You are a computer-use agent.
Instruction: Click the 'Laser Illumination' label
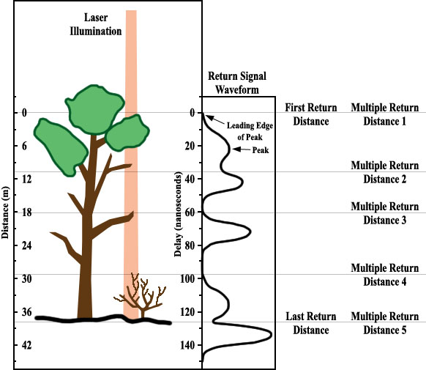(96, 24)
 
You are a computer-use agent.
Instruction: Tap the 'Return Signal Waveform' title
(237, 83)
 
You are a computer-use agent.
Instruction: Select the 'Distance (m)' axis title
(5, 212)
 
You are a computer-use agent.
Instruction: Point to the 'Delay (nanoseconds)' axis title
(177, 214)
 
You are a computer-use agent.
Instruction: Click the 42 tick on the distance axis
(26, 345)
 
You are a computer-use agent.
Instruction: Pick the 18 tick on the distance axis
(26, 212)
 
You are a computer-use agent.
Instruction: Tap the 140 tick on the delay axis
(187, 345)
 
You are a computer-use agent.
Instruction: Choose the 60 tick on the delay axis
(190, 212)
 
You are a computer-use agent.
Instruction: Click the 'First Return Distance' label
(311, 114)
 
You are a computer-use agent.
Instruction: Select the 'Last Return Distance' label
(311, 323)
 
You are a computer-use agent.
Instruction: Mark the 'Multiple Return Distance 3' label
(385, 213)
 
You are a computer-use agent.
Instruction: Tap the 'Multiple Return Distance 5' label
(385, 323)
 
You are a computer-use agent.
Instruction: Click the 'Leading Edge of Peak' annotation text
(250, 131)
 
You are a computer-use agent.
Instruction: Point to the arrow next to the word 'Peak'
(242, 149)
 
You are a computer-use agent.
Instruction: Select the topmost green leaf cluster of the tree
(94, 109)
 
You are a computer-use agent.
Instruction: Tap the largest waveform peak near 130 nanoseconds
(271, 335)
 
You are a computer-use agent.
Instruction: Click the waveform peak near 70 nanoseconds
(250, 232)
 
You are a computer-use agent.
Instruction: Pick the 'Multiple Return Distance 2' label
(385, 172)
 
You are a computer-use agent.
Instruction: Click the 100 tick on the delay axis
(187, 278)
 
